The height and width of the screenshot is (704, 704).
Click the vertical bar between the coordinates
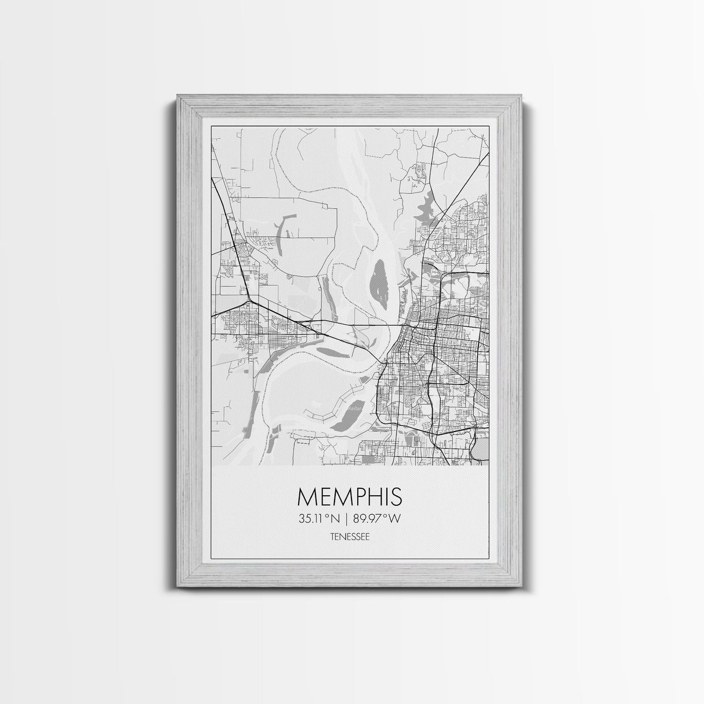(349, 519)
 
